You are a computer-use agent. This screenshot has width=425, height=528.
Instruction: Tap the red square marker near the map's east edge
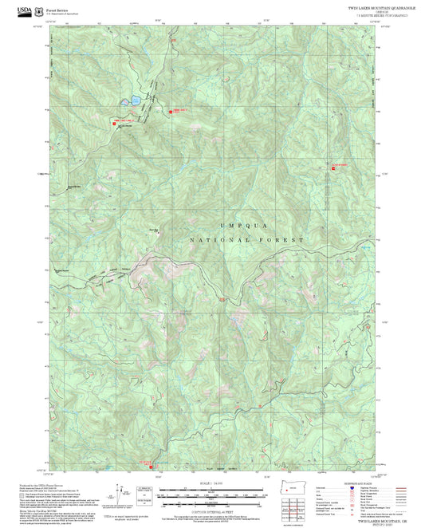tap(333, 166)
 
